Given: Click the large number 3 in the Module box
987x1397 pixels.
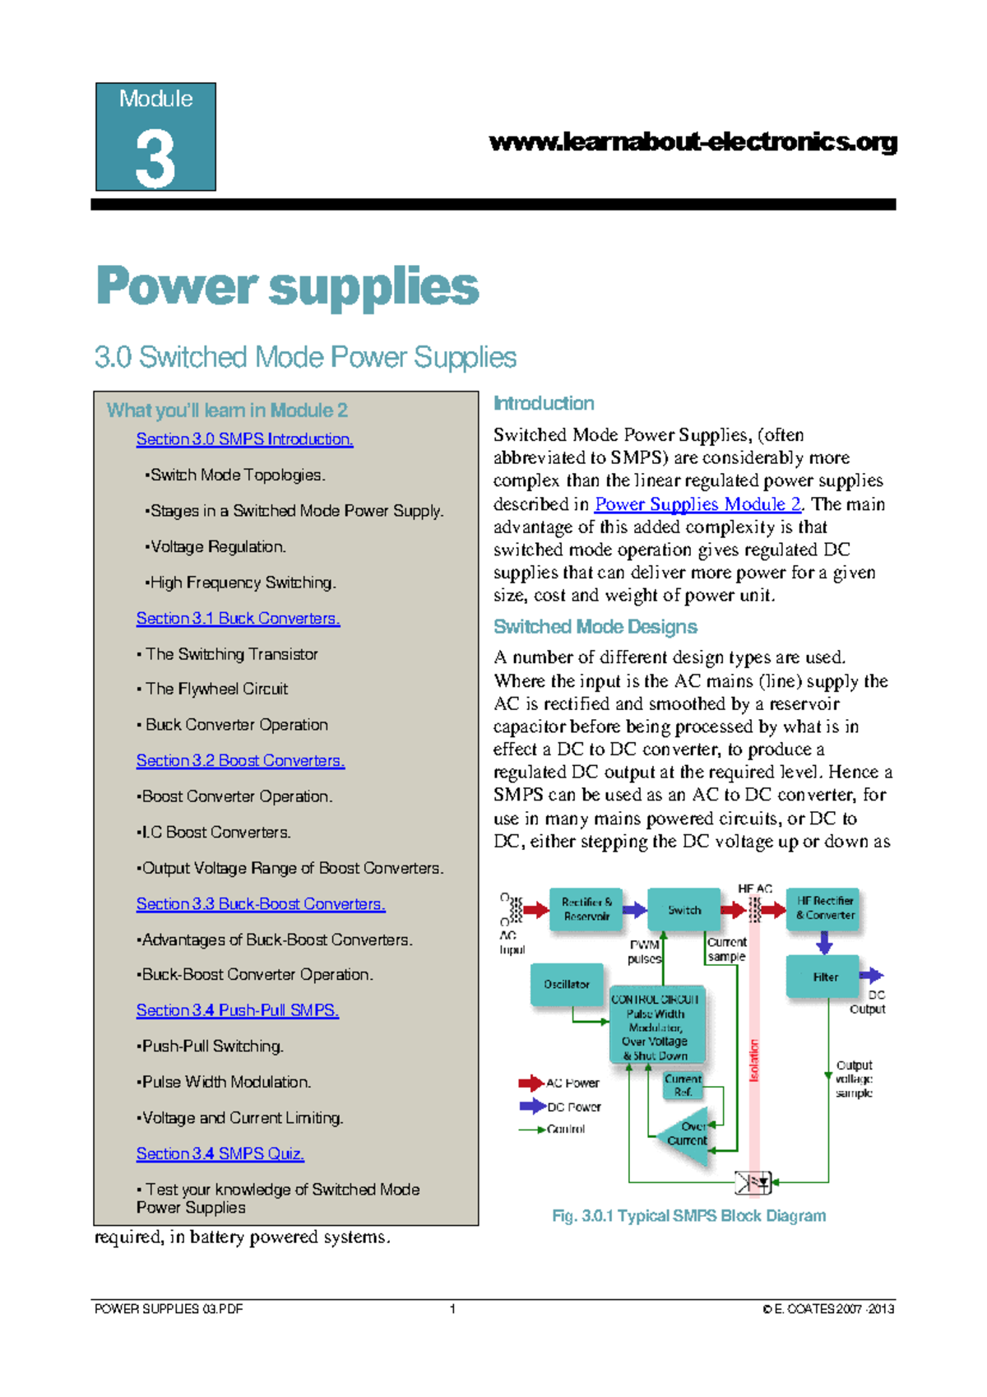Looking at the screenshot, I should [155, 158].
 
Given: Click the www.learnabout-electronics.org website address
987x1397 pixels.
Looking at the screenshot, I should [693, 142].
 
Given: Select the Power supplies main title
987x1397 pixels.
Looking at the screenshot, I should [287, 286].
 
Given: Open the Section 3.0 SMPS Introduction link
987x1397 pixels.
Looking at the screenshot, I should [244, 439].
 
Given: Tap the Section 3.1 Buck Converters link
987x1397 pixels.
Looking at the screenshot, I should [238, 618].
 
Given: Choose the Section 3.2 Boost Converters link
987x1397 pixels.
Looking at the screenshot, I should [240, 760].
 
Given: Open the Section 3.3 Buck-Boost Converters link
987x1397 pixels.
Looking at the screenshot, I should [261, 903].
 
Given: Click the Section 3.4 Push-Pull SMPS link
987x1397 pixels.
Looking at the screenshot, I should [237, 1009].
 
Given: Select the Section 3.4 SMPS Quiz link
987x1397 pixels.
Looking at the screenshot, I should [220, 1153].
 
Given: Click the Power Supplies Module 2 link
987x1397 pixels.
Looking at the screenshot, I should [697, 504].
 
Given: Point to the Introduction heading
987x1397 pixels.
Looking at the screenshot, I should [544, 403].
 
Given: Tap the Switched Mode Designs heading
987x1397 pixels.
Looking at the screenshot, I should [595, 627].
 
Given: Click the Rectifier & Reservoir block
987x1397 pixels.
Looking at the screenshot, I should [586, 908].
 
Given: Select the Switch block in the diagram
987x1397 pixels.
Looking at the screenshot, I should [683, 910].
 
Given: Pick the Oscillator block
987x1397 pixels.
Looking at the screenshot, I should [566, 984].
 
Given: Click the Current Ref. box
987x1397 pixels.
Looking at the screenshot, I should [683, 1085].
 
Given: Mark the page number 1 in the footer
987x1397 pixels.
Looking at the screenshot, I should [452, 1309].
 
